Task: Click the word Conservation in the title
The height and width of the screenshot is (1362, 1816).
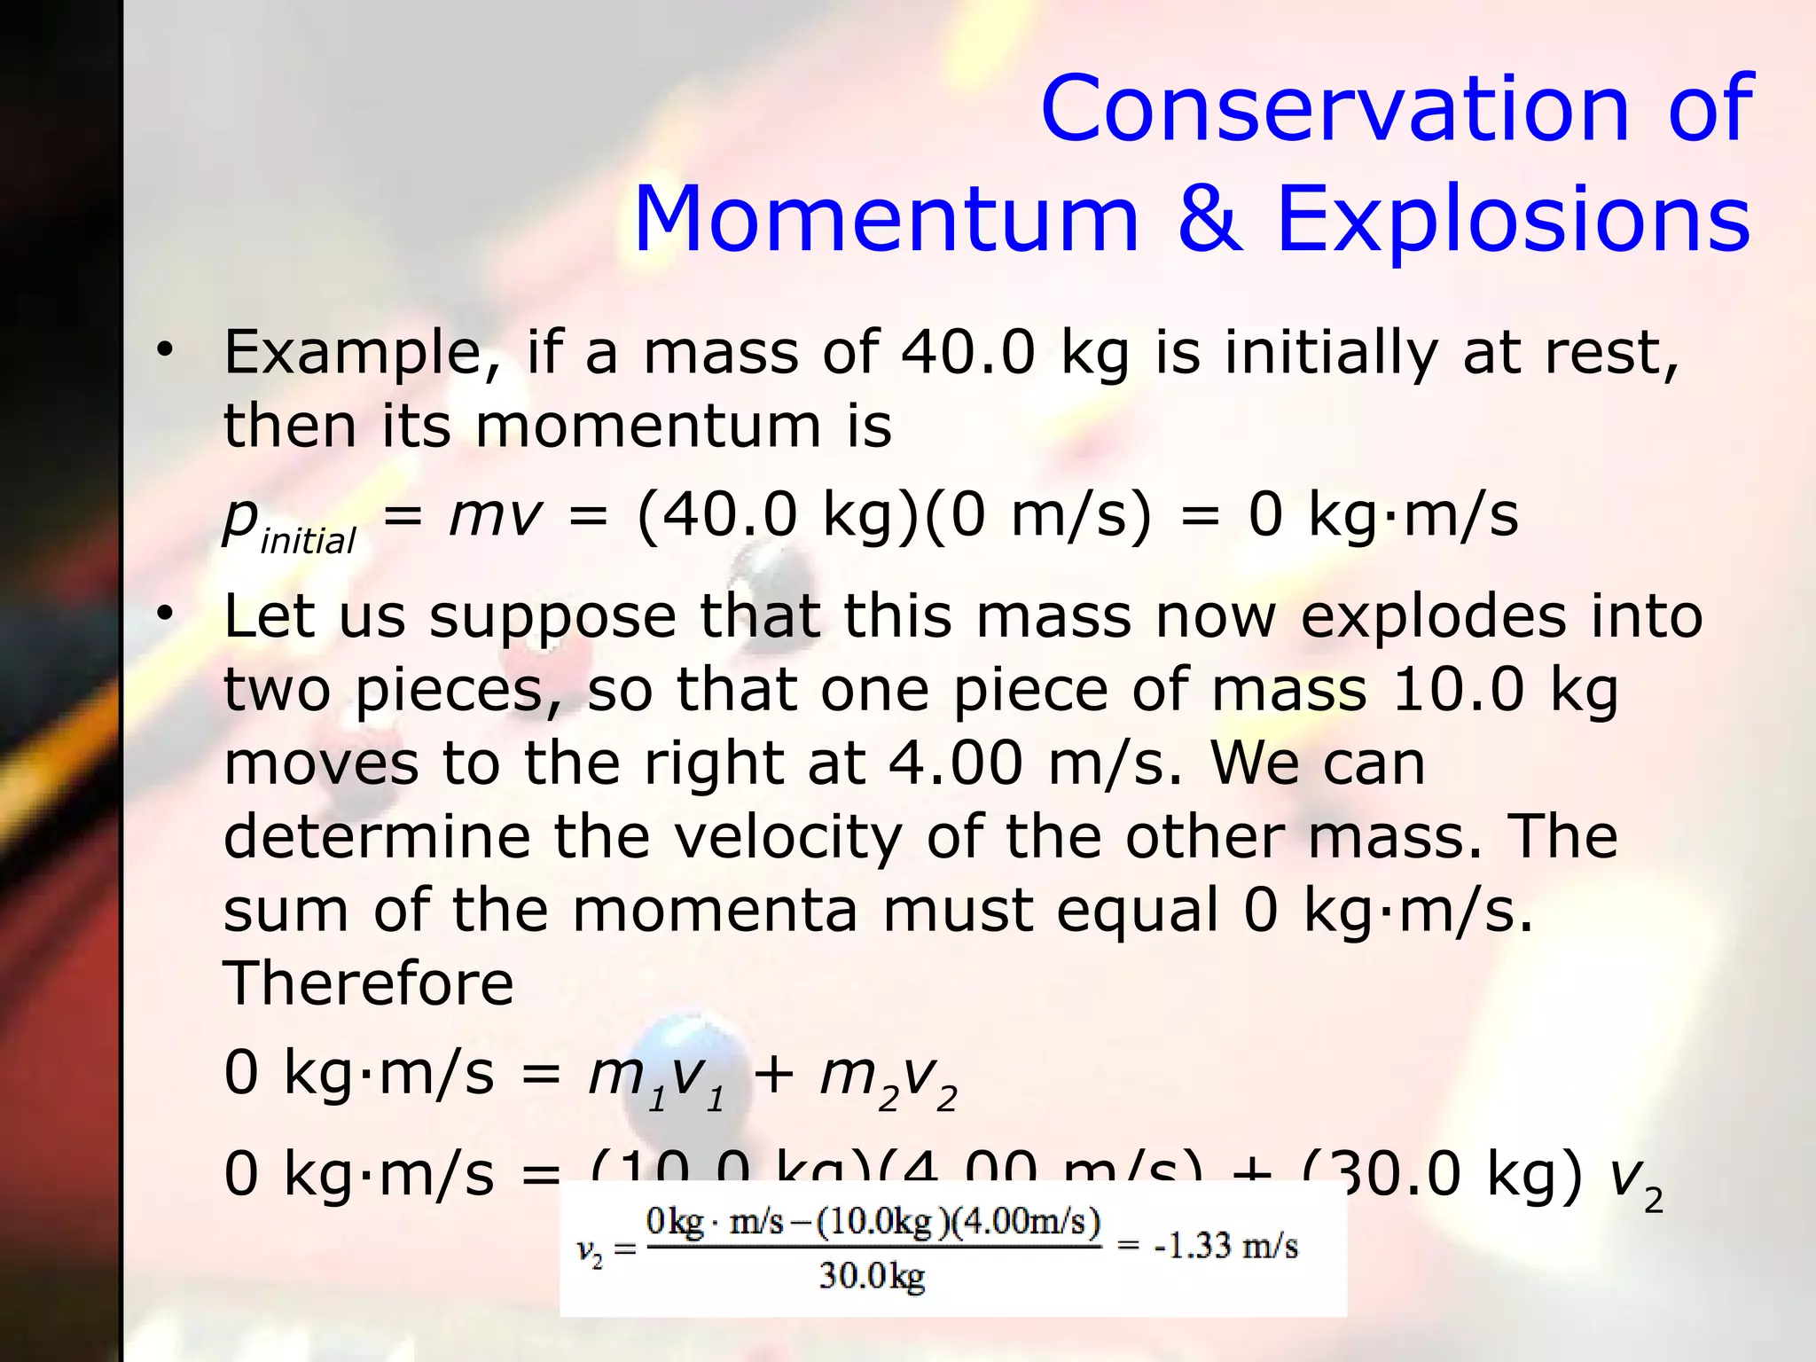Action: [1335, 108]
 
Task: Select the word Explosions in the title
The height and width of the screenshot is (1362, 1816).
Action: [1513, 219]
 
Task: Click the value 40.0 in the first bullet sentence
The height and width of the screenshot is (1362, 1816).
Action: [967, 353]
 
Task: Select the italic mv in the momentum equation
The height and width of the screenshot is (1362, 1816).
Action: [494, 515]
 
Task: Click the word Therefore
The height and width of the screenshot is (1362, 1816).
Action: [368, 983]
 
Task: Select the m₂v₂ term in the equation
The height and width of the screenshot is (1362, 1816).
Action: [888, 1078]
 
